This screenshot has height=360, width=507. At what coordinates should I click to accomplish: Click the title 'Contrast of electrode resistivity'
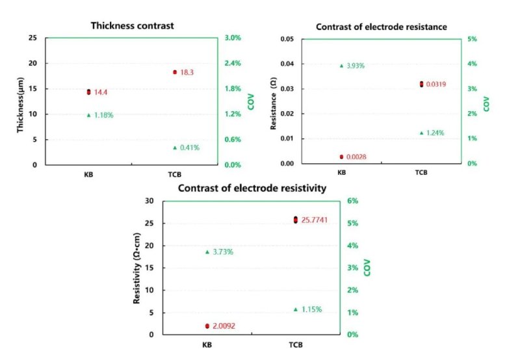[252, 188]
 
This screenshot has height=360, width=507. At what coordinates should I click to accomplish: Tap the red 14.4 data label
[101, 92]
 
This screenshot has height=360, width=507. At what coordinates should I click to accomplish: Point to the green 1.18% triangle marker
[88, 115]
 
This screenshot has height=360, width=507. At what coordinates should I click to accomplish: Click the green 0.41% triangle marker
[175, 148]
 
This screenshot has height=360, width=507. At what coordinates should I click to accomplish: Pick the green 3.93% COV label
[356, 66]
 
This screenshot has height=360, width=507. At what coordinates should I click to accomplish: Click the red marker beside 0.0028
[341, 157]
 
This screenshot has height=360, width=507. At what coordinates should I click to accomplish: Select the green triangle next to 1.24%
[421, 133]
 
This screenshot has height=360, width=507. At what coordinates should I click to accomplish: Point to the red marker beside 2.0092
[207, 326]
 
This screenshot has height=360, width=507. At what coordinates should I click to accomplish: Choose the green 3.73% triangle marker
[207, 251]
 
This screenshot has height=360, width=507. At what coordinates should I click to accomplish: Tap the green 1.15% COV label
[311, 309]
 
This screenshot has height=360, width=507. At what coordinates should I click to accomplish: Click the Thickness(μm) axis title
[21, 103]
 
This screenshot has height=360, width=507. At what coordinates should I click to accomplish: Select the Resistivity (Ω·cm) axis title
[138, 268]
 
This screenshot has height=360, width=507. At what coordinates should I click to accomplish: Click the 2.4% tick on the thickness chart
[233, 63]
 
